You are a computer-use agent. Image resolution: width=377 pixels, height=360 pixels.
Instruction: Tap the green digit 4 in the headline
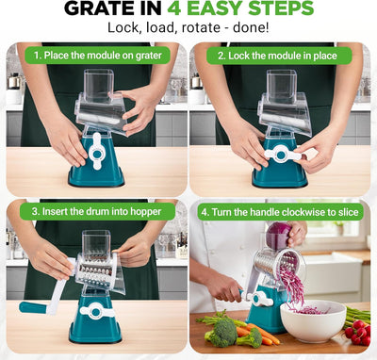coord(173,8)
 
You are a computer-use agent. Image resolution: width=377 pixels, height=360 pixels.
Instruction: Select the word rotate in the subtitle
coord(201,27)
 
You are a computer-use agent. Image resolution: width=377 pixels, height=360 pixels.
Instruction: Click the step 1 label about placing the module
coord(98,56)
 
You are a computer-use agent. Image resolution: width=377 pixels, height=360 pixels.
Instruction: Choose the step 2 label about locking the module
coord(278,56)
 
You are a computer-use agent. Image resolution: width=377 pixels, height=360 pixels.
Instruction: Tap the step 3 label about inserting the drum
coord(97,211)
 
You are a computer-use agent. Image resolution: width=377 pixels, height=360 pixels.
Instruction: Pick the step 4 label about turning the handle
coord(280,212)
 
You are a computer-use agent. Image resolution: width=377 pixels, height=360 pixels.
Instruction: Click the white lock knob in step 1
coord(97,152)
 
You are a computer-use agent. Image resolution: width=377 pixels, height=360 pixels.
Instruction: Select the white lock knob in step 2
coord(282,155)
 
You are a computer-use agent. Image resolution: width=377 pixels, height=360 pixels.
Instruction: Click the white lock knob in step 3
coord(96,311)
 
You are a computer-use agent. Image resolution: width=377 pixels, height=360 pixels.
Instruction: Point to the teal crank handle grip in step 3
coord(33,307)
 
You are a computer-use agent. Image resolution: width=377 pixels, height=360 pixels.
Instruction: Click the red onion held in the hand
coord(279,236)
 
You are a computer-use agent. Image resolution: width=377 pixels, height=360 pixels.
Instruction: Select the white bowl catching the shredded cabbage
coord(313,320)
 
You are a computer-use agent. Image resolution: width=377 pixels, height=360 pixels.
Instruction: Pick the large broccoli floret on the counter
coord(223,331)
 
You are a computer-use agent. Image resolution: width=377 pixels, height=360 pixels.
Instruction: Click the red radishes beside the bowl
coord(358,334)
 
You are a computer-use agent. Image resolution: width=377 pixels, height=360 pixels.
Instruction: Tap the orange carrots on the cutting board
coord(258,334)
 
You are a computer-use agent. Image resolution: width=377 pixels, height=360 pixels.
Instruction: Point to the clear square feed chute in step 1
coord(99,82)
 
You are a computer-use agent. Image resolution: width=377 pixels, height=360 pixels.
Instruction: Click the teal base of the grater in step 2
coord(280,163)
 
